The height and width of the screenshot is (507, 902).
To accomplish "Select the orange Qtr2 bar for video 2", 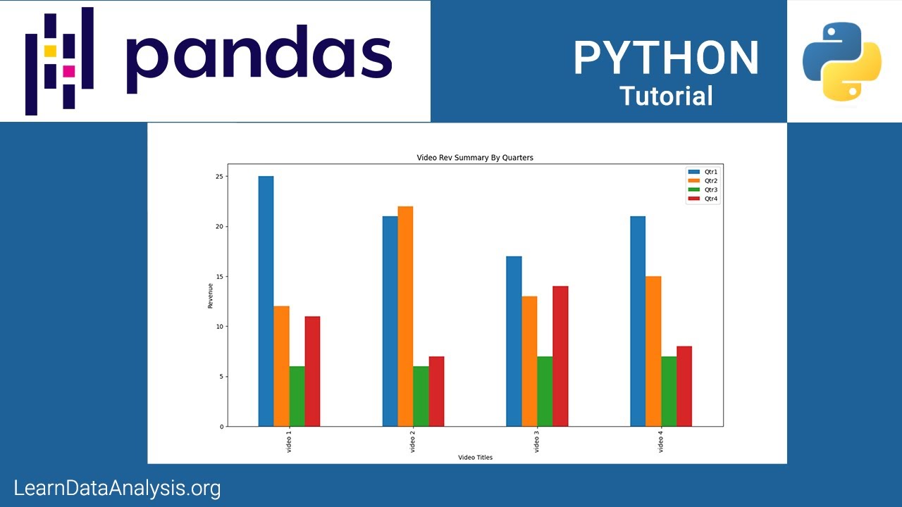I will pyautogui.click(x=405, y=316).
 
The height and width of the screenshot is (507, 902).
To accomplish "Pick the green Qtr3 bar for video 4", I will pyautogui.click(x=669, y=392).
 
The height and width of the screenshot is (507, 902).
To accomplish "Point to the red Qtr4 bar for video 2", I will pyautogui.click(x=436, y=392).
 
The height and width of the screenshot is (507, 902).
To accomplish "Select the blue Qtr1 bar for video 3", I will pyautogui.click(x=514, y=342).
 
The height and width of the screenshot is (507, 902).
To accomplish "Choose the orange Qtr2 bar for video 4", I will pyautogui.click(x=653, y=351).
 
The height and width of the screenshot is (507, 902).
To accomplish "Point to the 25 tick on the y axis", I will pyautogui.click(x=219, y=177).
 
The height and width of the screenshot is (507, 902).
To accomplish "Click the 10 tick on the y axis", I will pyautogui.click(x=219, y=327).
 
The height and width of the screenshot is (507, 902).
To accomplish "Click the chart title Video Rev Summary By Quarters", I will pyautogui.click(x=475, y=158).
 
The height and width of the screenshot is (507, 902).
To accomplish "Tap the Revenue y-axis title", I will pyautogui.click(x=210, y=296).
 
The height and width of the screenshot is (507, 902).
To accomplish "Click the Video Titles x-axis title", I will pyautogui.click(x=475, y=458).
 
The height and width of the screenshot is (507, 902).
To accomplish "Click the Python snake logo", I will pyautogui.click(x=842, y=61).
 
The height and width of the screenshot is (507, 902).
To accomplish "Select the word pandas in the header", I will pyautogui.click(x=259, y=58).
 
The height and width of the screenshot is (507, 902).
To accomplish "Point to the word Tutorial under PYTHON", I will pyautogui.click(x=666, y=96).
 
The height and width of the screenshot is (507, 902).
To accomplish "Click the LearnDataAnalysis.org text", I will pyautogui.click(x=117, y=488).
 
